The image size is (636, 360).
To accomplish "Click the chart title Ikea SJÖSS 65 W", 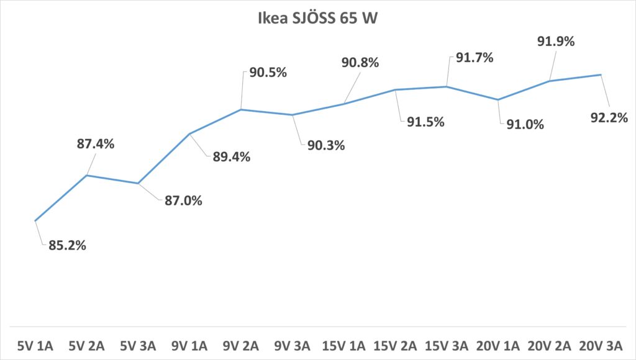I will tap(317, 18).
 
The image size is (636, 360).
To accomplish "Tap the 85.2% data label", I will tap(67, 245).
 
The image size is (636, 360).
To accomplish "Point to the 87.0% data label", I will tap(183, 200).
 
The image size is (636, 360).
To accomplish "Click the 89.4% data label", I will tap(231, 157).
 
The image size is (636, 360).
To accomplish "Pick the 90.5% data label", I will tap(268, 72).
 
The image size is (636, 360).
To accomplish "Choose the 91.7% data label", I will tap(474, 58).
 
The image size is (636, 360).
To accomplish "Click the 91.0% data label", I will tap(525, 124).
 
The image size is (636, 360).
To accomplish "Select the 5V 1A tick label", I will tap(36, 344).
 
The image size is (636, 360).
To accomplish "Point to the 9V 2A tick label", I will tap(241, 344).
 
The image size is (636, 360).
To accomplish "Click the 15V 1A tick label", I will tap(343, 344).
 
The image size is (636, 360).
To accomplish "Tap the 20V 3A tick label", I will tap(600, 344).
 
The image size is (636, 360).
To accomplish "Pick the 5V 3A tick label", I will tap(139, 344).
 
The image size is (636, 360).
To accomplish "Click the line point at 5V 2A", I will tap(88, 175).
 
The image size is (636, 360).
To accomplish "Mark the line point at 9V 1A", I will tap(190, 133).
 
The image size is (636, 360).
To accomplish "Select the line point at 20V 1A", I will tap(497, 99).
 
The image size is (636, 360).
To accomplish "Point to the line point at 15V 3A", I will tap(446, 86).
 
